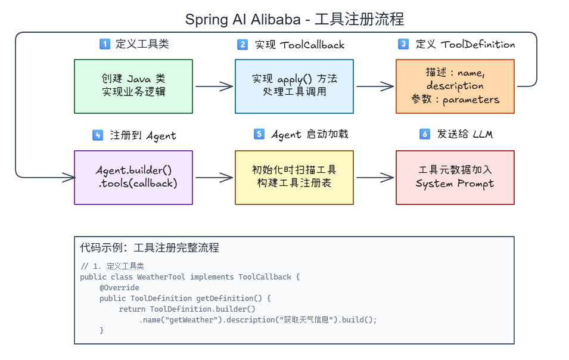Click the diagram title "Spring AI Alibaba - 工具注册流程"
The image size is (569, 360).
(x=294, y=19)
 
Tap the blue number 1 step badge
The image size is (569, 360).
(x=105, y=44)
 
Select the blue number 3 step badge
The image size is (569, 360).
(x=403, y=44)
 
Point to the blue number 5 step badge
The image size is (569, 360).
(x=259, y=134)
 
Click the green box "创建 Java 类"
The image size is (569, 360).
(x=133, y=86)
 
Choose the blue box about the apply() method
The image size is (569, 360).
(x=294, y=86)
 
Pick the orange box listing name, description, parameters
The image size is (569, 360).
(x=455, y=86)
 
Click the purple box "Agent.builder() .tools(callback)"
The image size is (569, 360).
(x=133, y=178)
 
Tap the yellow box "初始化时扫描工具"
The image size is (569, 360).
(x=294, y=178)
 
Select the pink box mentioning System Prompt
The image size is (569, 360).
(x=455, y=178)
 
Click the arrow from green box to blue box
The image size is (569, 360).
(x=214, y=86)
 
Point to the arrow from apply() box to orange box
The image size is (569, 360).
(x=375, y=86)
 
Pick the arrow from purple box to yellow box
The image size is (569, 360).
(x=214, y=178)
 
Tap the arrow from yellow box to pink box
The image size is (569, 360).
(x=375, y=178)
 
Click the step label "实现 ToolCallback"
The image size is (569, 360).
(x=300, y=45)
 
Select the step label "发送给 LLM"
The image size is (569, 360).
(x=465, y=134)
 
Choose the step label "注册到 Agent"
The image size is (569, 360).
(x=143, y=136)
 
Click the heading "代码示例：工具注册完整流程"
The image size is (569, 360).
(x=150, y=248)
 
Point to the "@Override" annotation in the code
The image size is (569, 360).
(x=119, y=287)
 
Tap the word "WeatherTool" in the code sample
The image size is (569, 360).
(x=161, y=277)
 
